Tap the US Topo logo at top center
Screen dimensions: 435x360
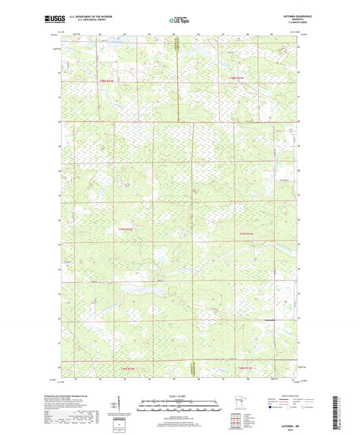tap(178, 21)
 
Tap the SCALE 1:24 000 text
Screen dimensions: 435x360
tap(178, 395)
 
